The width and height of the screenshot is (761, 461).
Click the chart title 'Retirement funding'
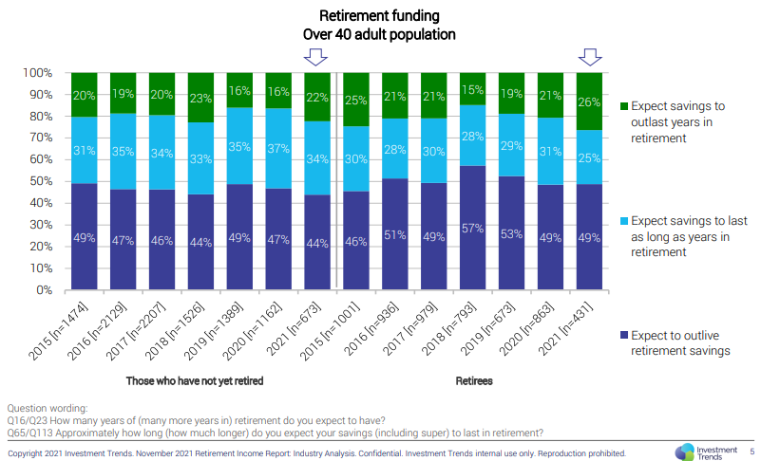pyautogui.click(x=379, y=15)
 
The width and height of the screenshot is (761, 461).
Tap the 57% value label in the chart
pyautogui.click(x=473, y=229)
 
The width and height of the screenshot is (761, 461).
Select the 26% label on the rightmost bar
pyautogui.click(x=589, y=101)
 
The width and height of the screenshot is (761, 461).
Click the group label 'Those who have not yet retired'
pyautogui.click(x=194, y=381)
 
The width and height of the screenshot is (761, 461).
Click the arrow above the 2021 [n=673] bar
pyautogui.click(x=314, y=57)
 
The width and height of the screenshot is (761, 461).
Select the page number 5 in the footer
pyautogui.click(x=751, y=452)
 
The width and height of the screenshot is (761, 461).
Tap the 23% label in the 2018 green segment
pyautogui.click(x=200, y=98)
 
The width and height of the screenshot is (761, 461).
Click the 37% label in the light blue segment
pyautogui.click(x=277, y=149)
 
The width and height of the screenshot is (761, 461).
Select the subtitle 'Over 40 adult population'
pyautogui.click(x=379, y=34)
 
